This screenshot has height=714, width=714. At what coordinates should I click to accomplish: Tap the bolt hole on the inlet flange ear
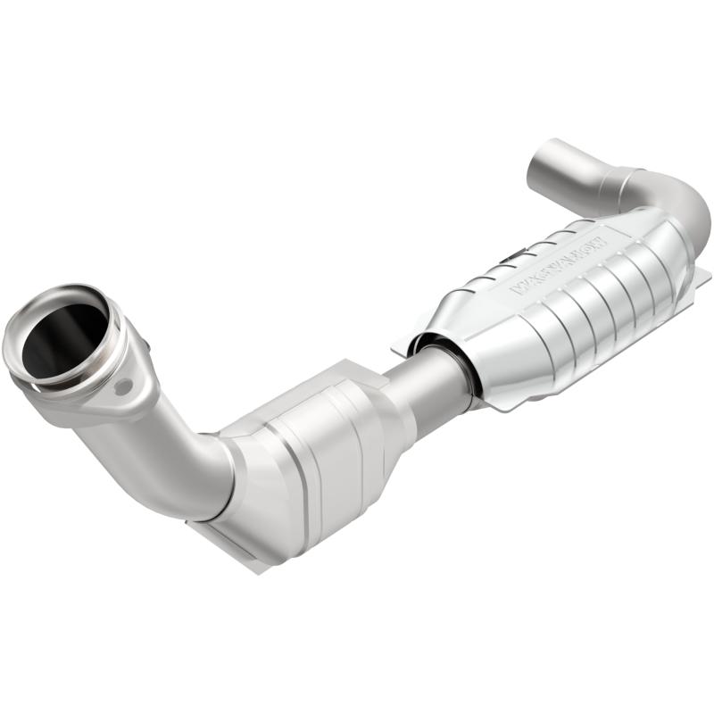point(123,386)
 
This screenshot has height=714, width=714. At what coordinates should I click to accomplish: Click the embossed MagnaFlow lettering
point(558,263)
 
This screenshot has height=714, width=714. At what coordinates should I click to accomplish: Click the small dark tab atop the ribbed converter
point(509,260)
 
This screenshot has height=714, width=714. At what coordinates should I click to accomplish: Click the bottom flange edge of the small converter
point(232,549)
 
